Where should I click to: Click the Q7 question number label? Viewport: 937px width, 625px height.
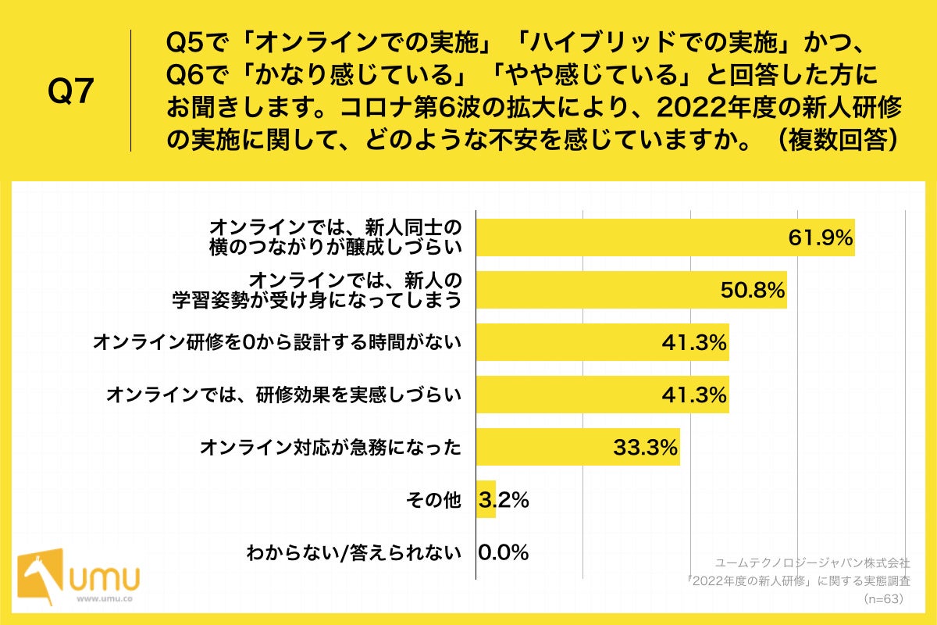71,91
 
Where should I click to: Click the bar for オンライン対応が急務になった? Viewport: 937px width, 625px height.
578,447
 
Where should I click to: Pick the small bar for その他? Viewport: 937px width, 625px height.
486,499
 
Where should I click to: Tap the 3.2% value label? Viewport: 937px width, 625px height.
504,500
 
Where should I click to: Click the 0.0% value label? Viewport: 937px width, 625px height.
504,552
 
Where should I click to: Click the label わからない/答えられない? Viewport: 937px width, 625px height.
354,552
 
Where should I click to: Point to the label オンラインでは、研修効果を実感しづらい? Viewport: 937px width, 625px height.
283,395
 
